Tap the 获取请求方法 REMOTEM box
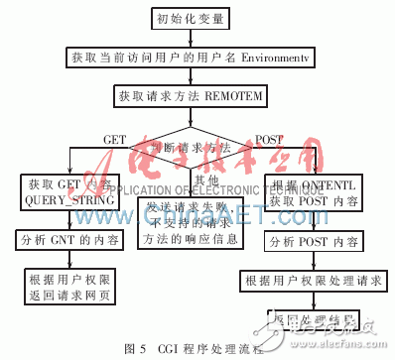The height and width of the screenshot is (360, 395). coord(197,95)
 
